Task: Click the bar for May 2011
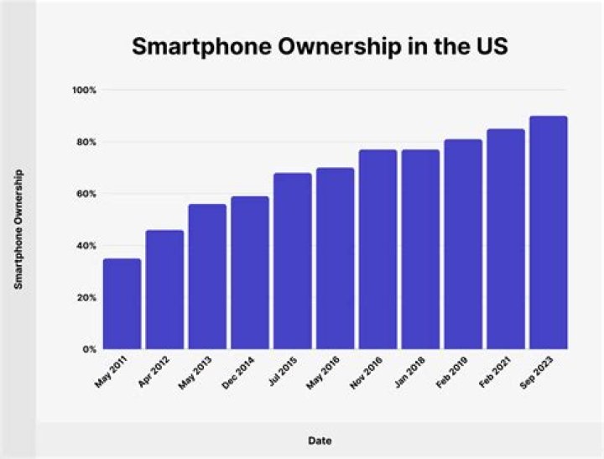pyautogui.click(x=122, y=304)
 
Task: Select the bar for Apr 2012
pyautogui.click(x=164, y=289)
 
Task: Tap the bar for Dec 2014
pyautogui.click(x=250, y=273)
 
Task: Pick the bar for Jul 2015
pyautogui.click(x=293, y=261)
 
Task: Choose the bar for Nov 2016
pyautogui.click(x=377, y=249)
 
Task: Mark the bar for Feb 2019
pyautogui.click(x=463, y=244)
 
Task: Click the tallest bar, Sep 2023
pyautogui.click(x=549, y=232)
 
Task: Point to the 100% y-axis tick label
pyautogui.click(x=86, y=90)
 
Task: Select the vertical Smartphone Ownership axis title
pyautogui.click(x=18, y=229)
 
